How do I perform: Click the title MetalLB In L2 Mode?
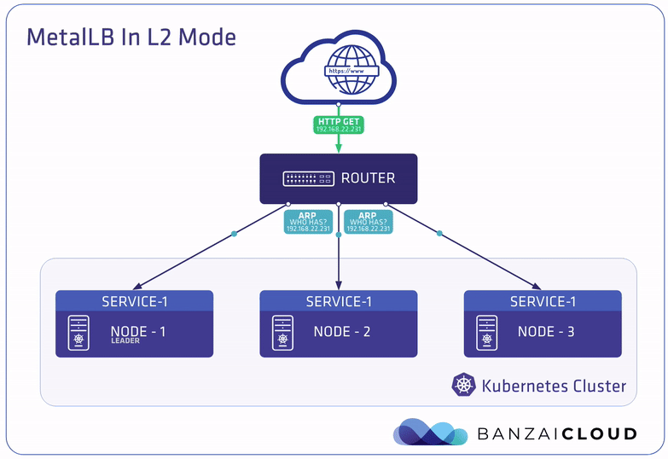pos(131,38)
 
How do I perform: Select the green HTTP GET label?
pos(339,125)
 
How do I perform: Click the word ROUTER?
pos(368,178)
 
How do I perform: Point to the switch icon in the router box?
pos(308,179)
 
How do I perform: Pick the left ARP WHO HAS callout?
pos(309,222)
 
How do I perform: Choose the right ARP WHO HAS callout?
pos(368,222)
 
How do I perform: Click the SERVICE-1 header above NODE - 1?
pos(134,301)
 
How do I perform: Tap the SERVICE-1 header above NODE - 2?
pos(339,301)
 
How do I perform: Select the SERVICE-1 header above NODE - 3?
pos(543,301)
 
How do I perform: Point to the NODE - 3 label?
pos(546,332)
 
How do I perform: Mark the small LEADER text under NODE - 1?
pos(124,341)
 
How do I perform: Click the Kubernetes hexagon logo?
pos(463,385)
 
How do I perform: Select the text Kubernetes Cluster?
pos(554,386)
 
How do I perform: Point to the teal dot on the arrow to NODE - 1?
pos(235,234)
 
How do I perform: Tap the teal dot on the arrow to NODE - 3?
pos(440,233)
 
